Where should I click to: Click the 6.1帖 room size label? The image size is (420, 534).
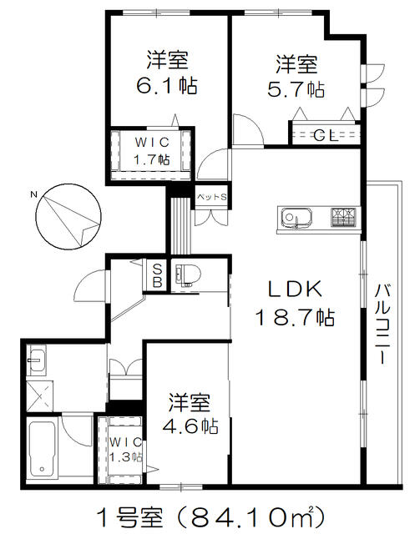click(167, 86)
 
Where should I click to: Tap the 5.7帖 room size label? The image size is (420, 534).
click(296, 89)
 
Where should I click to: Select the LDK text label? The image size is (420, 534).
click(296, 290)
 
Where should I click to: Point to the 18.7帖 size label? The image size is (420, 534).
click(295, 317)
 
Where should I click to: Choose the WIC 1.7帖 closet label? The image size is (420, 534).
click(153, 151)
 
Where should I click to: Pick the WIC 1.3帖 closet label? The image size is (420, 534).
click(126, 450)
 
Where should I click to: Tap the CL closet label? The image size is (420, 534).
click(326, 136)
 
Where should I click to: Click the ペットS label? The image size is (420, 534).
click(212, 197)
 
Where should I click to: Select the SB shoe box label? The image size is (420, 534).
click(157, 275)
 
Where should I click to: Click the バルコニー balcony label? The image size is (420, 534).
click(382, 324)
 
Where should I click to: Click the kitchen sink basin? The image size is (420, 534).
click(296, 218)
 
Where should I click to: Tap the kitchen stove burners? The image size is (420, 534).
click(343, 217)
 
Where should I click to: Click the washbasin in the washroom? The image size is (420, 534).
click(36, 360)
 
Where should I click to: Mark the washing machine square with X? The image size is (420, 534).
click(39, 395)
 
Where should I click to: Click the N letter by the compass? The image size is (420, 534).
click(33, 194)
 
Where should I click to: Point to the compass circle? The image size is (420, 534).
click(68, 217)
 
